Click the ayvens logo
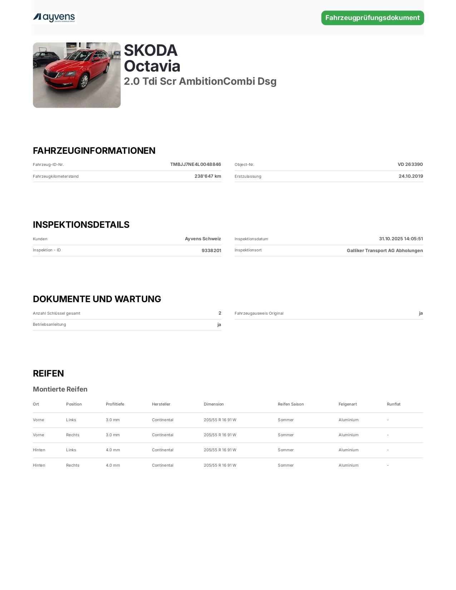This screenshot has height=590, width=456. click(54, 18)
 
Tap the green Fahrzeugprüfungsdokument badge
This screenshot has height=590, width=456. click(372, 18)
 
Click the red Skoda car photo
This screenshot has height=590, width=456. click(77, 75)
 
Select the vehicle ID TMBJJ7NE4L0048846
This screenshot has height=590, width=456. click(195, 164)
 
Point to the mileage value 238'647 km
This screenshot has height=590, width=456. click(207, 176)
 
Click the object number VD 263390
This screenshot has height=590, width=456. click(410, 164)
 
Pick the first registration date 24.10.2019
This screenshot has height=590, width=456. click(411, 176)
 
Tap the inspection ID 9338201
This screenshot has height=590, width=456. click(211, 251)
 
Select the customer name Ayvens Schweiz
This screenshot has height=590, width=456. click(203, 239)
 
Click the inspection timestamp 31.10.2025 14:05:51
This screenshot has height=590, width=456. click(401, 239)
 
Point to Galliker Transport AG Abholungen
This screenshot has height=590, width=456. click(384, 251)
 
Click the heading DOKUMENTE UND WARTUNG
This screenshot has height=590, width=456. click(97, 299)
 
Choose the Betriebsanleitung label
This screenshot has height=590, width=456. click(49, 325)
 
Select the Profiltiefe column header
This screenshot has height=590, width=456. click(115, 404)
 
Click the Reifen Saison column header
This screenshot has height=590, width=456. click(290, 404)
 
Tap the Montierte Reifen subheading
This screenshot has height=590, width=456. click(60, 389)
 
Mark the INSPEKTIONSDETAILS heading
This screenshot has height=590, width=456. click(81, 225)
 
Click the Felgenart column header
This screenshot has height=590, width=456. click(347, 404)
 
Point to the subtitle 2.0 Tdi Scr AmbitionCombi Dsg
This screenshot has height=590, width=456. click(200, 82)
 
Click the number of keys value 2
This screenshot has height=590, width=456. click(220, 313)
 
